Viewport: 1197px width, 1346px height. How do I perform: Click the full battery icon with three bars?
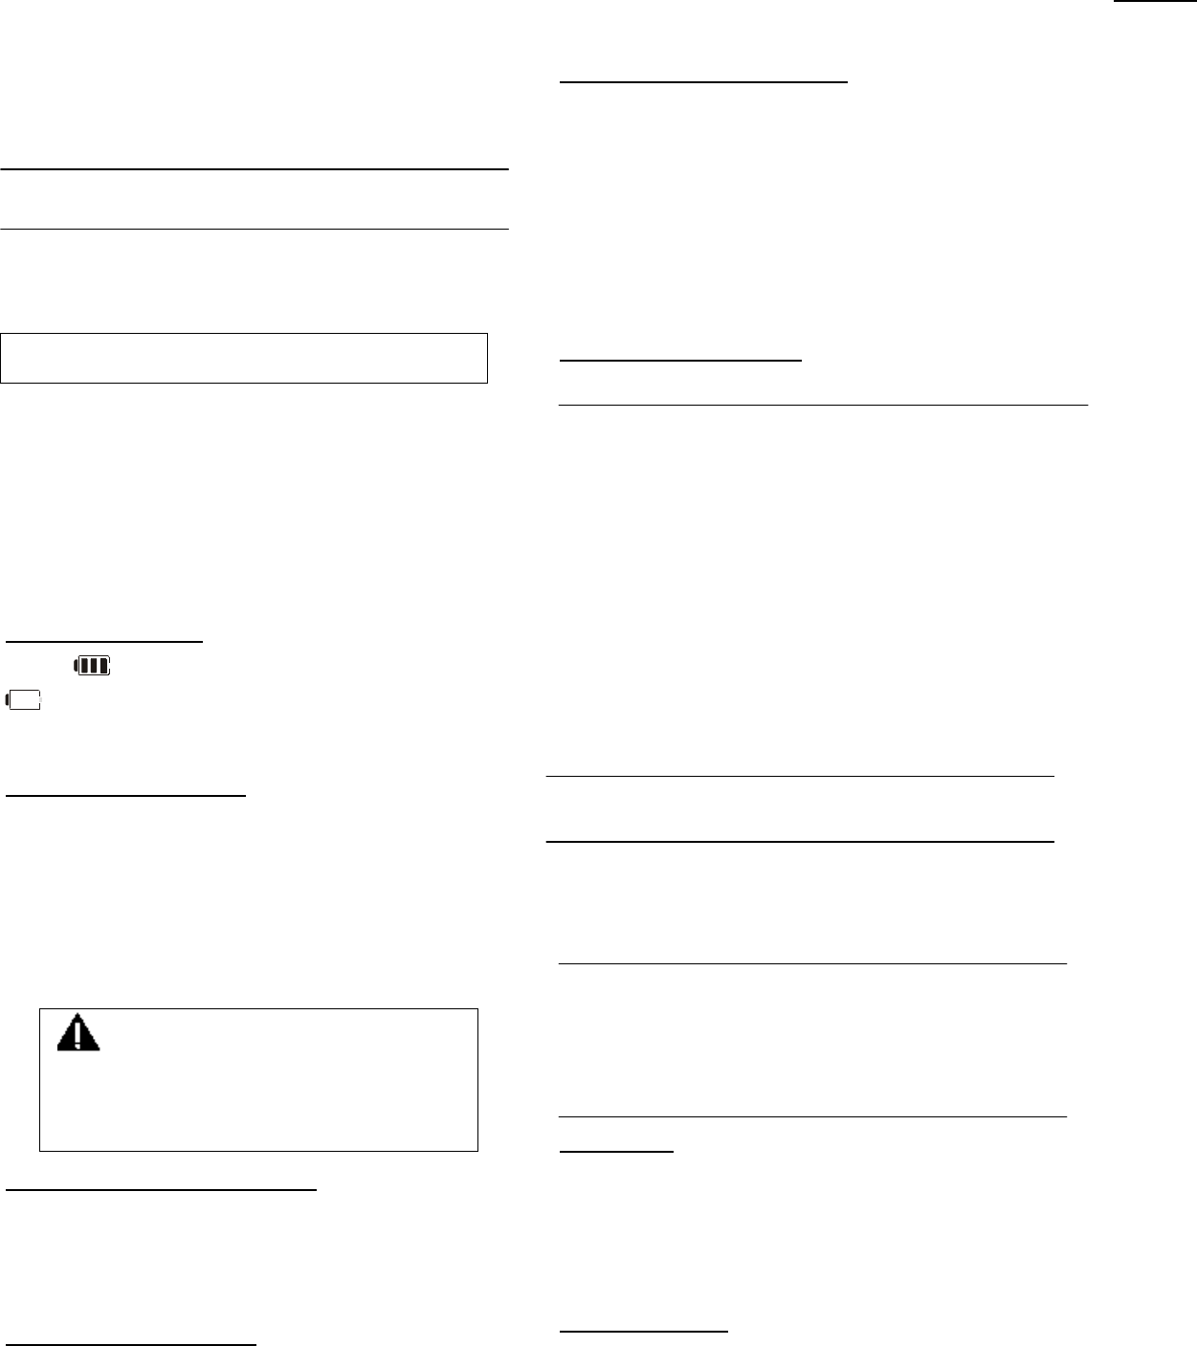(x=92, y=666)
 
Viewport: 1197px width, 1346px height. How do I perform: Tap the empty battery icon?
(x=25, y=701)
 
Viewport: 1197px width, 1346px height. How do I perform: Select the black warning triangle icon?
(x=78, y=1032)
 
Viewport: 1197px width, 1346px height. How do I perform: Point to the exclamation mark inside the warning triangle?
(x=78, y=1035)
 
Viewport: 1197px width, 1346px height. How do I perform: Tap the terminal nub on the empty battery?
(x=9, y=701)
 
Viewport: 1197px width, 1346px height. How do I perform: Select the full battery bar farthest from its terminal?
(x=101, y=666)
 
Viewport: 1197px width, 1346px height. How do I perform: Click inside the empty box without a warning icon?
(x=244, y=359)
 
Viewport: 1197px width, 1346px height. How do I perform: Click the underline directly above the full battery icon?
(x=104, y=641)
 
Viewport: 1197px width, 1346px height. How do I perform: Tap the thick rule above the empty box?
(x=254, y=169)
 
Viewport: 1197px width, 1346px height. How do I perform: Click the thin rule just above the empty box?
(x=254, y=230)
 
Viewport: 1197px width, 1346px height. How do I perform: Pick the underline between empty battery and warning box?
(x=126, y=794)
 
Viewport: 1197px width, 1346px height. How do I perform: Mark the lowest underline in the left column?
(x=131, y=1344)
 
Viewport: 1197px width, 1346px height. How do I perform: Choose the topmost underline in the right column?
(x=703, y=83)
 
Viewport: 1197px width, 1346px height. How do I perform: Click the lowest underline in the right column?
(x=643, y=1330)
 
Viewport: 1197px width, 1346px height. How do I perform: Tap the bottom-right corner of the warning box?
(x=477, y=1150)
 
